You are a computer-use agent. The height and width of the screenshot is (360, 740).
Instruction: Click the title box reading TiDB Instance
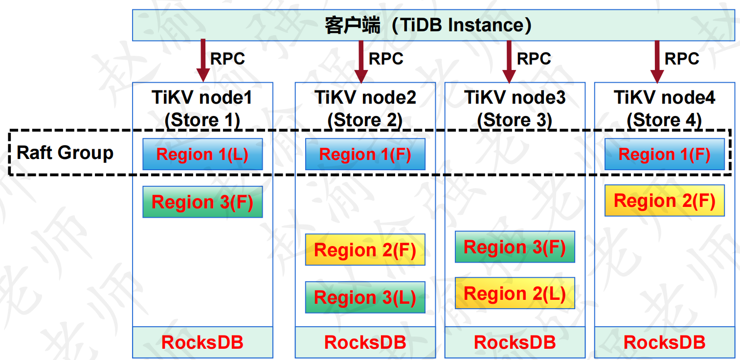tap(433, 25)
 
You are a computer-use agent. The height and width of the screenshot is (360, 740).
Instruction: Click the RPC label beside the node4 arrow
tap(682, 59)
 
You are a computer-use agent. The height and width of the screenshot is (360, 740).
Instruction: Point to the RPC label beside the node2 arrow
tap(386, 59)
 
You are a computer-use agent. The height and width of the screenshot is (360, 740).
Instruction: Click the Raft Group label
tap(65, 153)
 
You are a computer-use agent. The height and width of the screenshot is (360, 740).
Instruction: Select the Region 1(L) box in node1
tap(202, 154)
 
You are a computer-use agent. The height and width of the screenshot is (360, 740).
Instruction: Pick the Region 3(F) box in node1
tap(202, 202)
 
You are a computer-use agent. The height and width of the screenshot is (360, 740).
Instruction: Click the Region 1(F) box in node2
tap(365, 154)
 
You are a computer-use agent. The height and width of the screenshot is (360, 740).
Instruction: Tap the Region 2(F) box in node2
tap(365, 249)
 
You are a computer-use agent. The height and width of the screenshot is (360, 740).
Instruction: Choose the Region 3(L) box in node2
tap(365, 297)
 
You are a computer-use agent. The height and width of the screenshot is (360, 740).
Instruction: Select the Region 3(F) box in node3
tap(515, 247)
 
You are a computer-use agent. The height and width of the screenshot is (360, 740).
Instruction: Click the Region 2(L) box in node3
tap(515, 293)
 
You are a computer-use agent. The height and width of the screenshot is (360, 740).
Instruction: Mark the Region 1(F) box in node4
tap(664, 154)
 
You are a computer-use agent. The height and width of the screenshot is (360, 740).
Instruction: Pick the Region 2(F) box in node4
tap(664, 201)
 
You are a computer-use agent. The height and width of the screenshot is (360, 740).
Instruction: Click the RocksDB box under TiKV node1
tap(202, 342)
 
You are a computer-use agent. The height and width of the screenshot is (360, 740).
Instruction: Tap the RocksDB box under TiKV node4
tap(664, 342)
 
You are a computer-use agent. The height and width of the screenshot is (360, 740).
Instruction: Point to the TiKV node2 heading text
tap(365, 98)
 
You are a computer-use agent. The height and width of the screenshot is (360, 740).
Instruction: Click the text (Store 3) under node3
tap(515, 120)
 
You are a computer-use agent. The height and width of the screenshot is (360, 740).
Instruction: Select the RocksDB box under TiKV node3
tap(515, 342)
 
